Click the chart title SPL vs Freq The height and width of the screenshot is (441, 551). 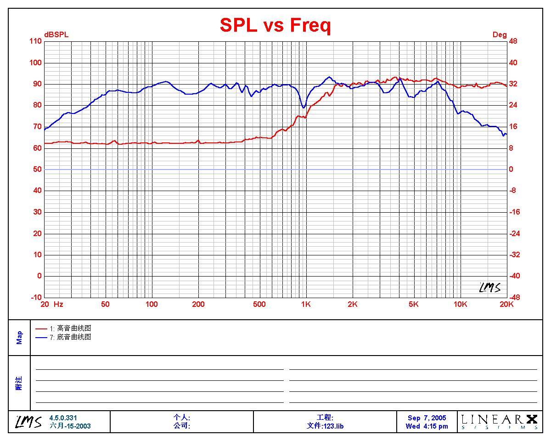[275, 25]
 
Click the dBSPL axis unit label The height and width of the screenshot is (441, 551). [56, 35]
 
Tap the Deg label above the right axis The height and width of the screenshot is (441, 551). [500, 35]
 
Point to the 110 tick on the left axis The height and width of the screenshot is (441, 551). [36, 41]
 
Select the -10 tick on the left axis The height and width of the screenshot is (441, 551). [36, 297]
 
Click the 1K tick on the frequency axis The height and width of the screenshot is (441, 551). [306, 304]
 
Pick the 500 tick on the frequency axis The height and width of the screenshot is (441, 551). [259, 304]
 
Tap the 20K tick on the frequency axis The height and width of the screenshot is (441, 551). [506, 304]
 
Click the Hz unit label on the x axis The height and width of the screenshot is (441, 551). [58, 304]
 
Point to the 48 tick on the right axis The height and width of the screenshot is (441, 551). [513, 41]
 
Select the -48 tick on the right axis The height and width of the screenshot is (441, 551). [514, 297]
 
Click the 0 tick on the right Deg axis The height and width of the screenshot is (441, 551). [511, 170]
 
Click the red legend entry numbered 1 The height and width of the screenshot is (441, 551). [64, 328]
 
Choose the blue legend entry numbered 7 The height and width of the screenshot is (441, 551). [64, 337]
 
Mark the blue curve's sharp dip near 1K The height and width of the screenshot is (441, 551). [304, 107]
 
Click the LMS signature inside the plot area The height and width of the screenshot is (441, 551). [489, 288]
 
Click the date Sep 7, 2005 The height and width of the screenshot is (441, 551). [427, 418]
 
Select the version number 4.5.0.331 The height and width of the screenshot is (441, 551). [63, 418]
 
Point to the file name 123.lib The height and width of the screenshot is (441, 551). [325, 426]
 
